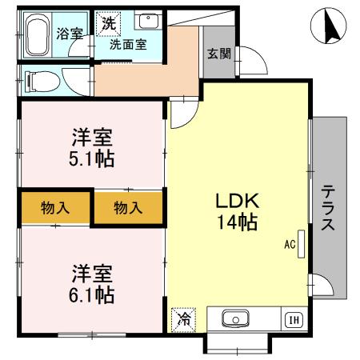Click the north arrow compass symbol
[329, 28]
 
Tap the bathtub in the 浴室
[35, 35]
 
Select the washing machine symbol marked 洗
[108, 24]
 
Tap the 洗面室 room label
[128, 45]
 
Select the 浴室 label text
[70, 34]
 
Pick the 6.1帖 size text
[90, 295]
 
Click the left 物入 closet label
[55, 208]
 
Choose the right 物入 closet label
[127, 208]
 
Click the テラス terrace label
[328, 209]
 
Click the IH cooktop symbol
[294, 321]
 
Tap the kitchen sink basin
[235, 320]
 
